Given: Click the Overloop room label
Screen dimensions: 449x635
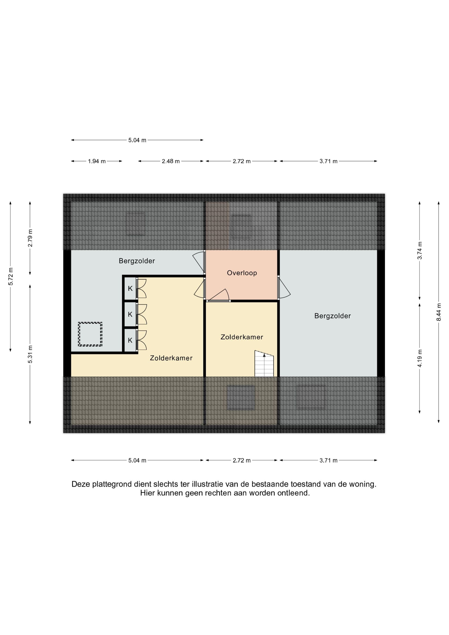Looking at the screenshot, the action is tap(242, 273).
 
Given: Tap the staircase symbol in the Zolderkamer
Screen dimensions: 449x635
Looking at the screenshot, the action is tap(264, 363).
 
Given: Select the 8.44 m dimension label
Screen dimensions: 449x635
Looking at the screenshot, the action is tap(439, 312).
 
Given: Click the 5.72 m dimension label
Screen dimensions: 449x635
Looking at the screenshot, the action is tap(11, 277).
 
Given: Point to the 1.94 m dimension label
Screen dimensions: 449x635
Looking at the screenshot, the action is tap(97, 161).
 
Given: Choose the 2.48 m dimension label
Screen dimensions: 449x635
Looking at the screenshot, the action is tap(171, 161).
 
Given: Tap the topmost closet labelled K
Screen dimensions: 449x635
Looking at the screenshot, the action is tap(130, 288).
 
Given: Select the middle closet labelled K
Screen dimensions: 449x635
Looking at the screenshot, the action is tap(130, 314).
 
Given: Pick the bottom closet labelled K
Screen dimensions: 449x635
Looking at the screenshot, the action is tap(130, 340).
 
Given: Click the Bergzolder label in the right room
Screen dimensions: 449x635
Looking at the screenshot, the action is tap(332, 316).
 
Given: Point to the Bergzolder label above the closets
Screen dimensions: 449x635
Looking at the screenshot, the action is tap(137, 261).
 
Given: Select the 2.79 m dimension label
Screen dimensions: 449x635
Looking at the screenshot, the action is tap(30, 238).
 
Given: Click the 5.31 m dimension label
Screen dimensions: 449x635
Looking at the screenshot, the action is tap(30, 355).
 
